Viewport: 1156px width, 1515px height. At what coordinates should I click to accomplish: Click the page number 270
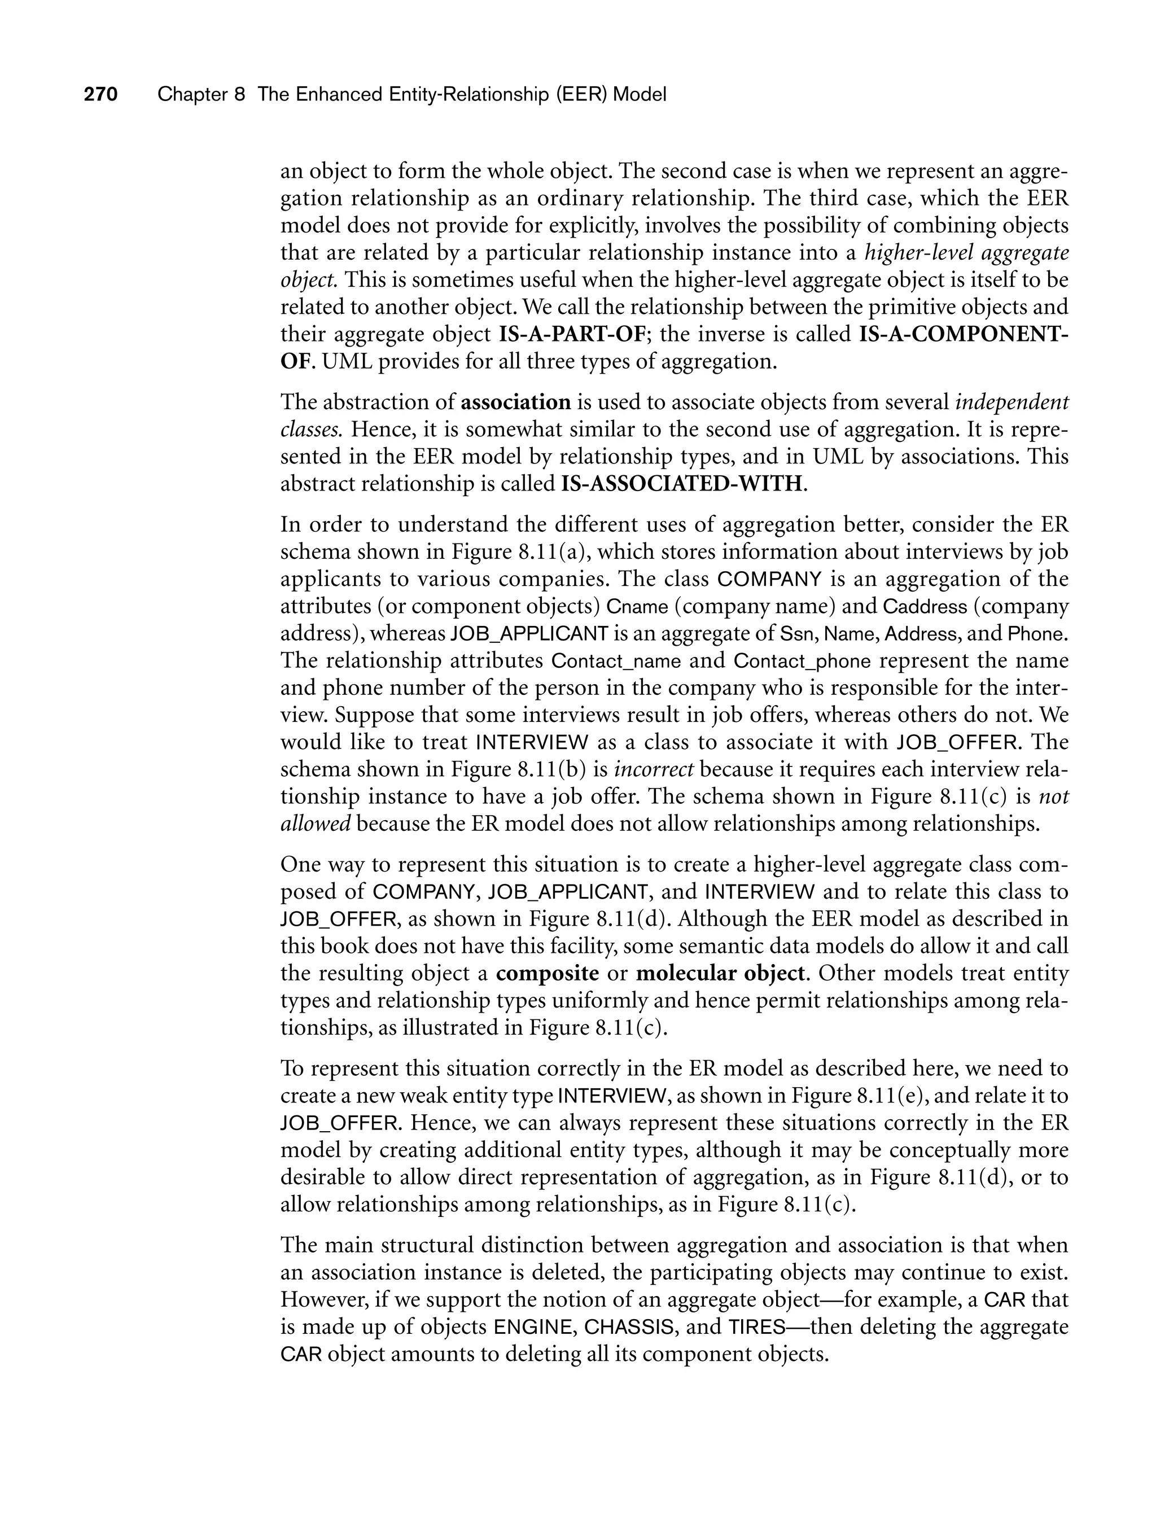101,95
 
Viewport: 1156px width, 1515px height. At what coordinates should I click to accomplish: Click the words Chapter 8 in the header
201,95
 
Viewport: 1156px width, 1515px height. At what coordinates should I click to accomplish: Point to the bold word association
516,402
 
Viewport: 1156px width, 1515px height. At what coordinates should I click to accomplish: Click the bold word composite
547,974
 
